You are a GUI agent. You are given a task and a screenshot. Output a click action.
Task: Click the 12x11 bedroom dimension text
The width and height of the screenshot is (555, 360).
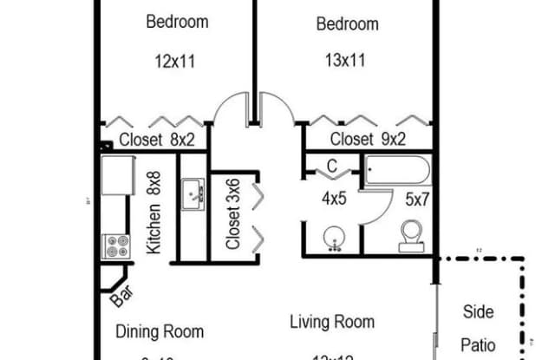click(177, 62)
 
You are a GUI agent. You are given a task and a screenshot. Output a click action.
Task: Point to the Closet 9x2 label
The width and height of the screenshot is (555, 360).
click(369, 139)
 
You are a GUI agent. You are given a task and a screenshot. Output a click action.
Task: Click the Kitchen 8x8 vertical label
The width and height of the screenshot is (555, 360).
click(154, 213)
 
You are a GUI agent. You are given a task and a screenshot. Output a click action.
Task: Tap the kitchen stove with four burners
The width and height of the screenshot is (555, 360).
click(116, 246)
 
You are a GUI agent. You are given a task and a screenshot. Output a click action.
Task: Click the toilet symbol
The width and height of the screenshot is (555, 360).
click(410, 234)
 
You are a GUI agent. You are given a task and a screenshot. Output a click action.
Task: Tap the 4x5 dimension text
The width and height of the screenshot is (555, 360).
click(334, 199)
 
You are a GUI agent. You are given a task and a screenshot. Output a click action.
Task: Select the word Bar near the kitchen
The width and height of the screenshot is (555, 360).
click(121, 298)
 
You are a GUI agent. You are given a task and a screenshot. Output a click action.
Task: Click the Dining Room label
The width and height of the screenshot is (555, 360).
click(160, 331)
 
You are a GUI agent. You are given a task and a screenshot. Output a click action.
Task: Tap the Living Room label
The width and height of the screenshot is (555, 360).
click(332, 323)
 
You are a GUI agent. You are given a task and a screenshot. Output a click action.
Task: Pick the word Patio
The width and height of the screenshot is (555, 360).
click(478, 344)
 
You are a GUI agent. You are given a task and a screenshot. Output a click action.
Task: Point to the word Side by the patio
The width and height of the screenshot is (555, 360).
click(478, 312)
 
